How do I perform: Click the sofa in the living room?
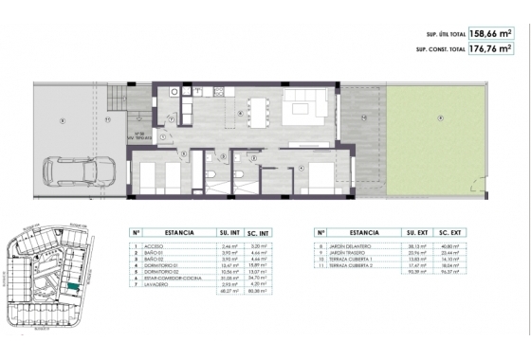pos(304,106)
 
